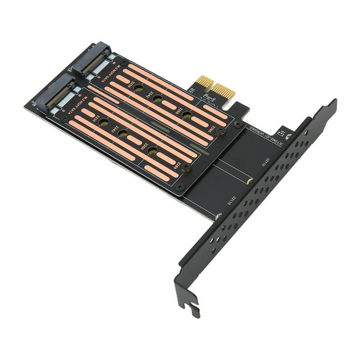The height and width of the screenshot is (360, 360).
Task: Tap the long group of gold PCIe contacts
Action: [224, 92]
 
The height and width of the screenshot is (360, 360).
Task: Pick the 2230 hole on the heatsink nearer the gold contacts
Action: [138, 88]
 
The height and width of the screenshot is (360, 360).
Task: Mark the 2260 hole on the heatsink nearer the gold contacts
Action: [186, 115]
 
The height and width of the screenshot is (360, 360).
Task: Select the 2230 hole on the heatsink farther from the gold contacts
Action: [104, 122]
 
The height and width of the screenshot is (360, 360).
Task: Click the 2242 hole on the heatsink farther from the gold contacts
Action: [123, 134]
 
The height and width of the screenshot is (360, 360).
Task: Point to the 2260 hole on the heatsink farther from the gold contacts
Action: [152, 151]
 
